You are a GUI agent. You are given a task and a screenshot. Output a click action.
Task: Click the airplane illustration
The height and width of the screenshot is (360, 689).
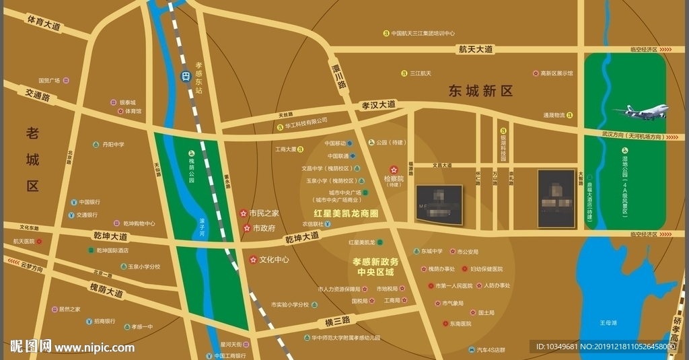click(x=641, y=112)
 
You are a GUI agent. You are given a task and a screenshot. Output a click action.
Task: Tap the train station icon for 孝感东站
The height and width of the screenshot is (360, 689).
click(x=185, y=77)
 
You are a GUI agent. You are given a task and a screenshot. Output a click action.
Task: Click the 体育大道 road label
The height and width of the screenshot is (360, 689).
click(x=44, y=24)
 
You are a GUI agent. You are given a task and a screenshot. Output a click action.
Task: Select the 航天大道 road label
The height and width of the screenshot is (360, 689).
click(x=476, y=49)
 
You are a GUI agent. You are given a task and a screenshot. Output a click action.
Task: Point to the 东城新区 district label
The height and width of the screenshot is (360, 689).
click(x=481, y=91)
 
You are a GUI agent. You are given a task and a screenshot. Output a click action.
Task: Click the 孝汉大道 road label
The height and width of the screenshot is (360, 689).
click(x=379, y=105)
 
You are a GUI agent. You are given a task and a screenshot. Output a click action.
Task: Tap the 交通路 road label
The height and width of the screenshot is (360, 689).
click(x=38, y=97)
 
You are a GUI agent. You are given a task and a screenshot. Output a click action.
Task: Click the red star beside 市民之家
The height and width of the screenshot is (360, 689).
click(x=243, y=213)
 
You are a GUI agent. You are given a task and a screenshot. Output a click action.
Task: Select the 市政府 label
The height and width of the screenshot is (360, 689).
click(x=264, y=228)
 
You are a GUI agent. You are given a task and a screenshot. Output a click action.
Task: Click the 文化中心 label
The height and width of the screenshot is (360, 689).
click(x=274, y=259)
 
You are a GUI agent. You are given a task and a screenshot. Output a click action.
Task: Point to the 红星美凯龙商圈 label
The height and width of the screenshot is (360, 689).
click(x=346, y=213)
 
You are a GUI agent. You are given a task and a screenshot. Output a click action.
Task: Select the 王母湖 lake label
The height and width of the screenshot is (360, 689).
click(x=608, y=323)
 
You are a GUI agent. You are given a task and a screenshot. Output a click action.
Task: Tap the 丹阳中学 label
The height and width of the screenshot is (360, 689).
click(x=113, y=145)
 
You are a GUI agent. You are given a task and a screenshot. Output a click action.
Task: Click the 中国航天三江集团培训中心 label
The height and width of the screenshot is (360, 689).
click(x=423, y=33)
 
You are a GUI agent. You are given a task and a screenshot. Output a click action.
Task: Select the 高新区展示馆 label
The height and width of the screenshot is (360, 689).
click(x=556, y=73)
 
